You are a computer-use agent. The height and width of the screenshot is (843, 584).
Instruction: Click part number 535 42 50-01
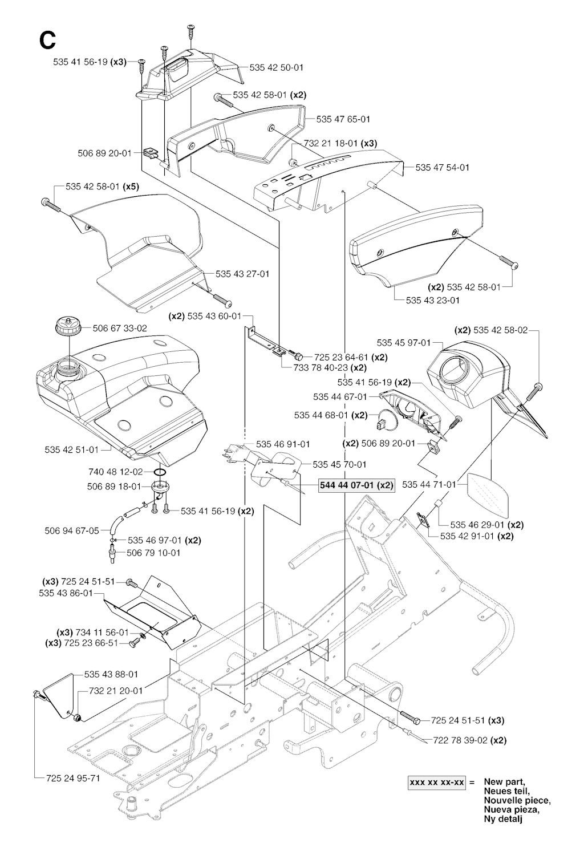tap(277, 67)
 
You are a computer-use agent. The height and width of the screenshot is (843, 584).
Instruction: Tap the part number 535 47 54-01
tap(443, 167)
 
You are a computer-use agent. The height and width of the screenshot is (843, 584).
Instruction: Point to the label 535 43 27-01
tap(243, 274)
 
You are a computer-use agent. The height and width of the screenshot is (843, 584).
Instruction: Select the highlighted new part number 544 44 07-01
tap(356, 485)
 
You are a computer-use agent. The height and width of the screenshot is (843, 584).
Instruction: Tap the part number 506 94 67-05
tap(72, 530)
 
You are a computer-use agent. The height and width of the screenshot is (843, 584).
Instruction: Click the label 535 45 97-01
tap(404, 343)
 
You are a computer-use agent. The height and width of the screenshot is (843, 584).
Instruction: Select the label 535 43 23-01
tap(433, 300)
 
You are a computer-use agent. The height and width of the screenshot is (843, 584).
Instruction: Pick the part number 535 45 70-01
tap(340, 464)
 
